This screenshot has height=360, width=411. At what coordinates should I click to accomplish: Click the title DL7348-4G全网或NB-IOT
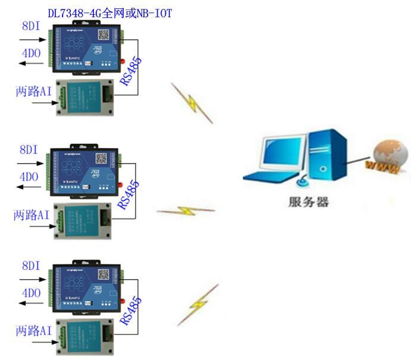click(110, 12)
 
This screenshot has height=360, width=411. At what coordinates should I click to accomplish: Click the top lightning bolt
click(192, 102)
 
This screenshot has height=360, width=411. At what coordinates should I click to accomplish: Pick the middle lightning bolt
click(186, 211)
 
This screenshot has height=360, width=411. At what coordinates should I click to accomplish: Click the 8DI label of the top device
click(31, 26)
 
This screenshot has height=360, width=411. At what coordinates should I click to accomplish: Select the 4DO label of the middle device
click(30, 177)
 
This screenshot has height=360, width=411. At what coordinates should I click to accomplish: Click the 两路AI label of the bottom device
click(34, 330)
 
